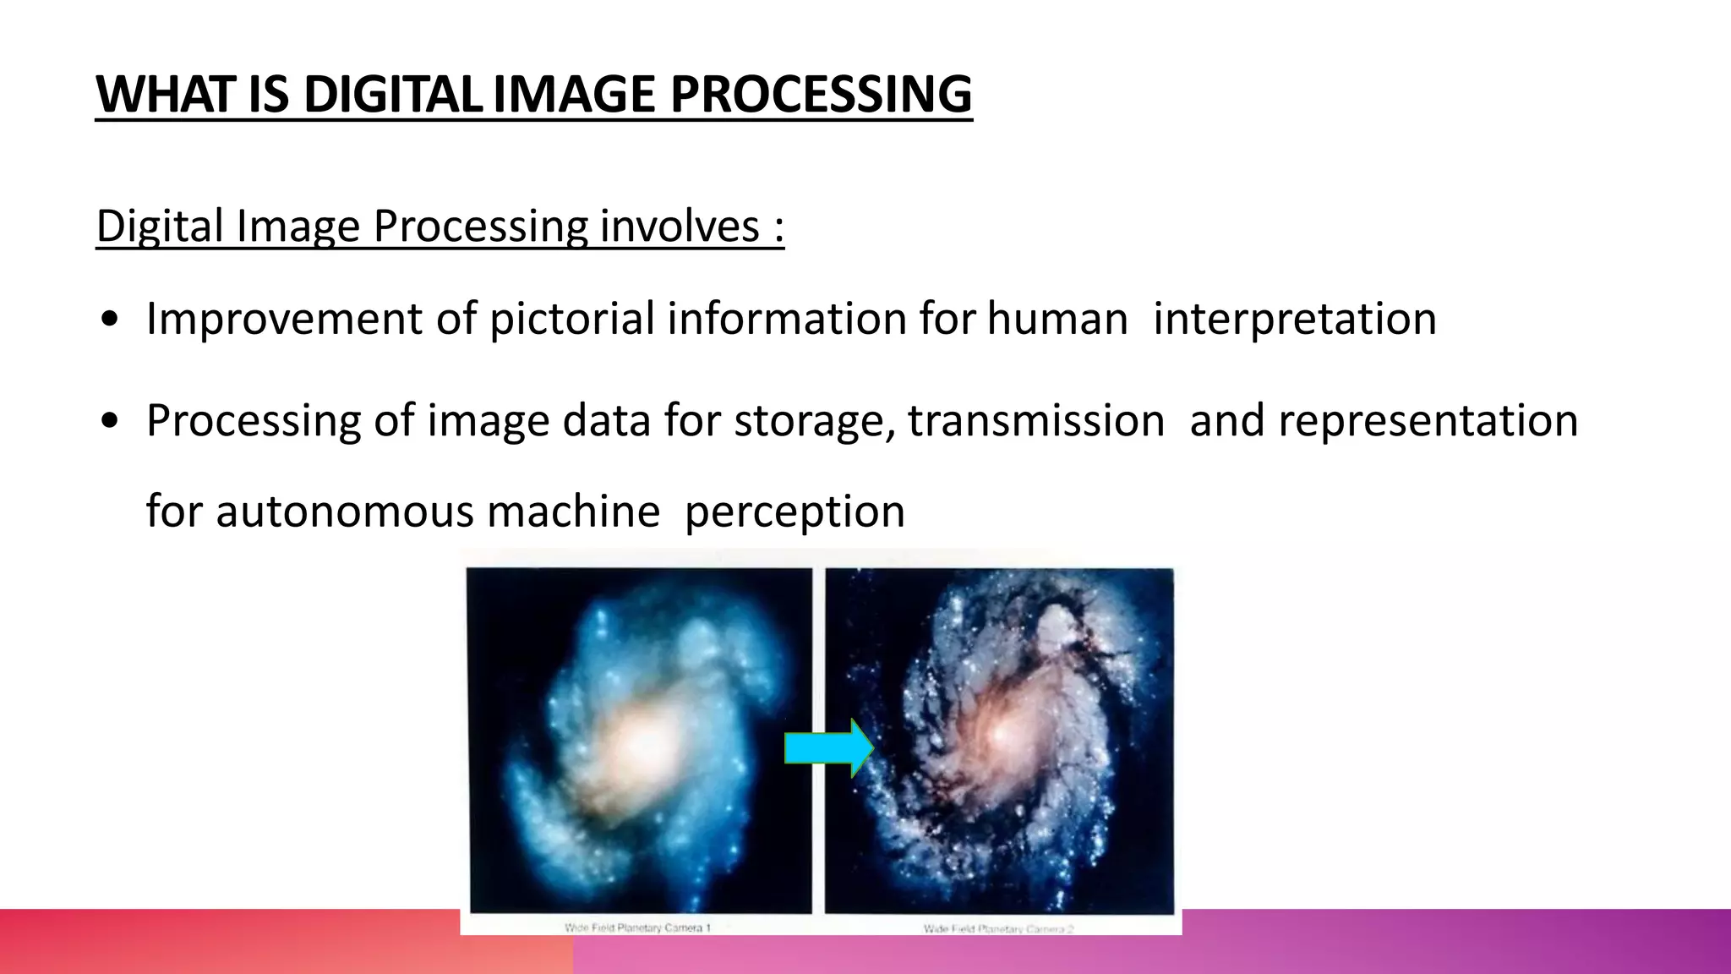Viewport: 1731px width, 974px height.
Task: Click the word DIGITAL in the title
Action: click(x=393, y=94)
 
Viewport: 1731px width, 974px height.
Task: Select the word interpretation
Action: click(x=1294, y=320)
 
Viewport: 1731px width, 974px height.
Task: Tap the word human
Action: click(x=1057, y=320)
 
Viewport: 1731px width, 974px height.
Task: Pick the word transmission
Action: click(x=1036, y=421)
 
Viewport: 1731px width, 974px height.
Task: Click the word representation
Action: click(x=1428, y=421)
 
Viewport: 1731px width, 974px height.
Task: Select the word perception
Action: click(x=795, y=512)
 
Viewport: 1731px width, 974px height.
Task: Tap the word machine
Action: click(x=574, y=512)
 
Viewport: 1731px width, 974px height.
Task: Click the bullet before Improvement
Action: click(x=108, y=320)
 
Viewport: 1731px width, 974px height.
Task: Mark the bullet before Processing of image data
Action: click(x=108, y=422)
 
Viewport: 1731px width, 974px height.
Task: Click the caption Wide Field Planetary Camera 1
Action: click(x=637, y=927)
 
